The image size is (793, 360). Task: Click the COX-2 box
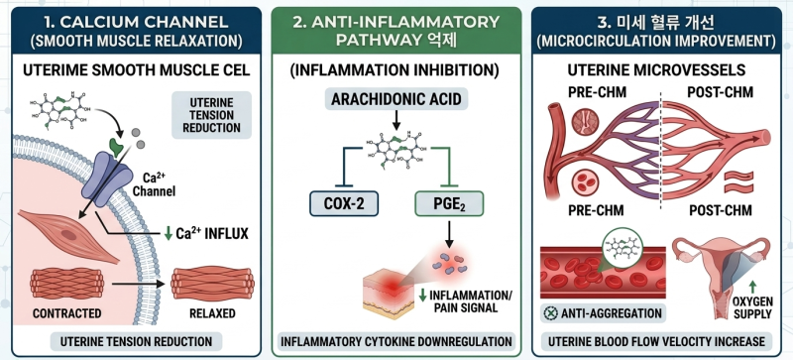[343, 203]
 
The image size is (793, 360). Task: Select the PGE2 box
[449, 203]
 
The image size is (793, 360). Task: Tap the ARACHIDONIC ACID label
[396, 99]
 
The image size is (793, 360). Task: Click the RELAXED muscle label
[212, 313]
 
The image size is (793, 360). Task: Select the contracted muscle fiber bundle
[66, 284]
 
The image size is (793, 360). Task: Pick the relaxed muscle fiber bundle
[212, 284]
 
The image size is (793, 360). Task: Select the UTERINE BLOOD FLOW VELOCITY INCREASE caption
[656, 342]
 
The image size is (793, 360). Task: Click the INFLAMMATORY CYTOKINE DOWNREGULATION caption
[396, 342]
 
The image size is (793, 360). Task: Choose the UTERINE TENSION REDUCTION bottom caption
[136, 342]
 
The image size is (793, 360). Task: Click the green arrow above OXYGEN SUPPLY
[753, 286]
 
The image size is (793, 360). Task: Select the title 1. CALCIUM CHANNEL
[136, 21]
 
